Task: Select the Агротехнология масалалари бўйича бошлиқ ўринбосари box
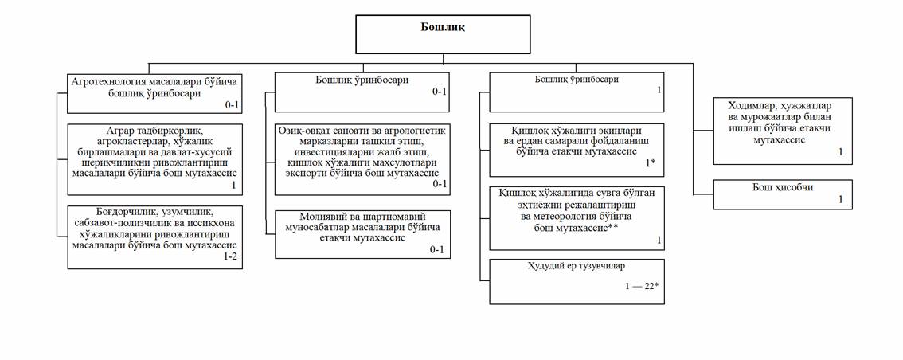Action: pos(154,92)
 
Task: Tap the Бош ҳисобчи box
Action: pos(783,194)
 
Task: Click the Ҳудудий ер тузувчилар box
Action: pos(577,281)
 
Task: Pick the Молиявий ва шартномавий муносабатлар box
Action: pos(362,233)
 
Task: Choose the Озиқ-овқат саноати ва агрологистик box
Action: pos(362,158)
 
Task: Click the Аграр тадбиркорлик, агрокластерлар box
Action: pos(154,158)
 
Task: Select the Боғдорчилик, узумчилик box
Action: pos(154,236)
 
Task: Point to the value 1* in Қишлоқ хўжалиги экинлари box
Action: pos(651,162)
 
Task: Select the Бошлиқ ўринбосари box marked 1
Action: pos(577,92)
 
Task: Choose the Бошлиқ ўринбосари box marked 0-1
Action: pos(362,92)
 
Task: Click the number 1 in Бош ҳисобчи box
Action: pos(839,199)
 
